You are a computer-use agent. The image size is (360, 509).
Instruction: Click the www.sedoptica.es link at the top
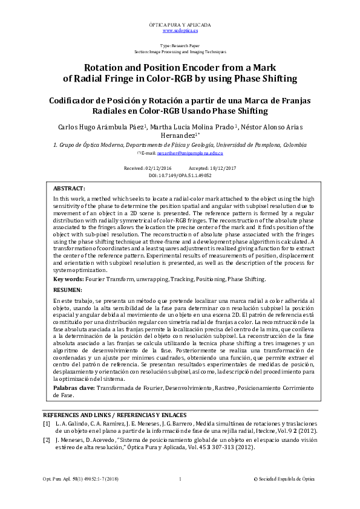[180, 30]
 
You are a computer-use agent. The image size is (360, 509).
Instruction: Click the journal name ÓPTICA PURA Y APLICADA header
[180, 24]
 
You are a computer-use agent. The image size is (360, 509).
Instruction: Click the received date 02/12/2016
[156, 167]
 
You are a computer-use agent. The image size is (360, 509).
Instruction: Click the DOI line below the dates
[180, 174]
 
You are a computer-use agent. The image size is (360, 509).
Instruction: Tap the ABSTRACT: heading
[69, 188]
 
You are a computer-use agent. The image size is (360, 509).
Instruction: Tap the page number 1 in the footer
[180, 479]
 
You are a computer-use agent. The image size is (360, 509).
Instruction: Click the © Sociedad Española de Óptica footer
[287, 479]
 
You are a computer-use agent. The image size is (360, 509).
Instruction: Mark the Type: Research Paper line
[180, 46]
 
